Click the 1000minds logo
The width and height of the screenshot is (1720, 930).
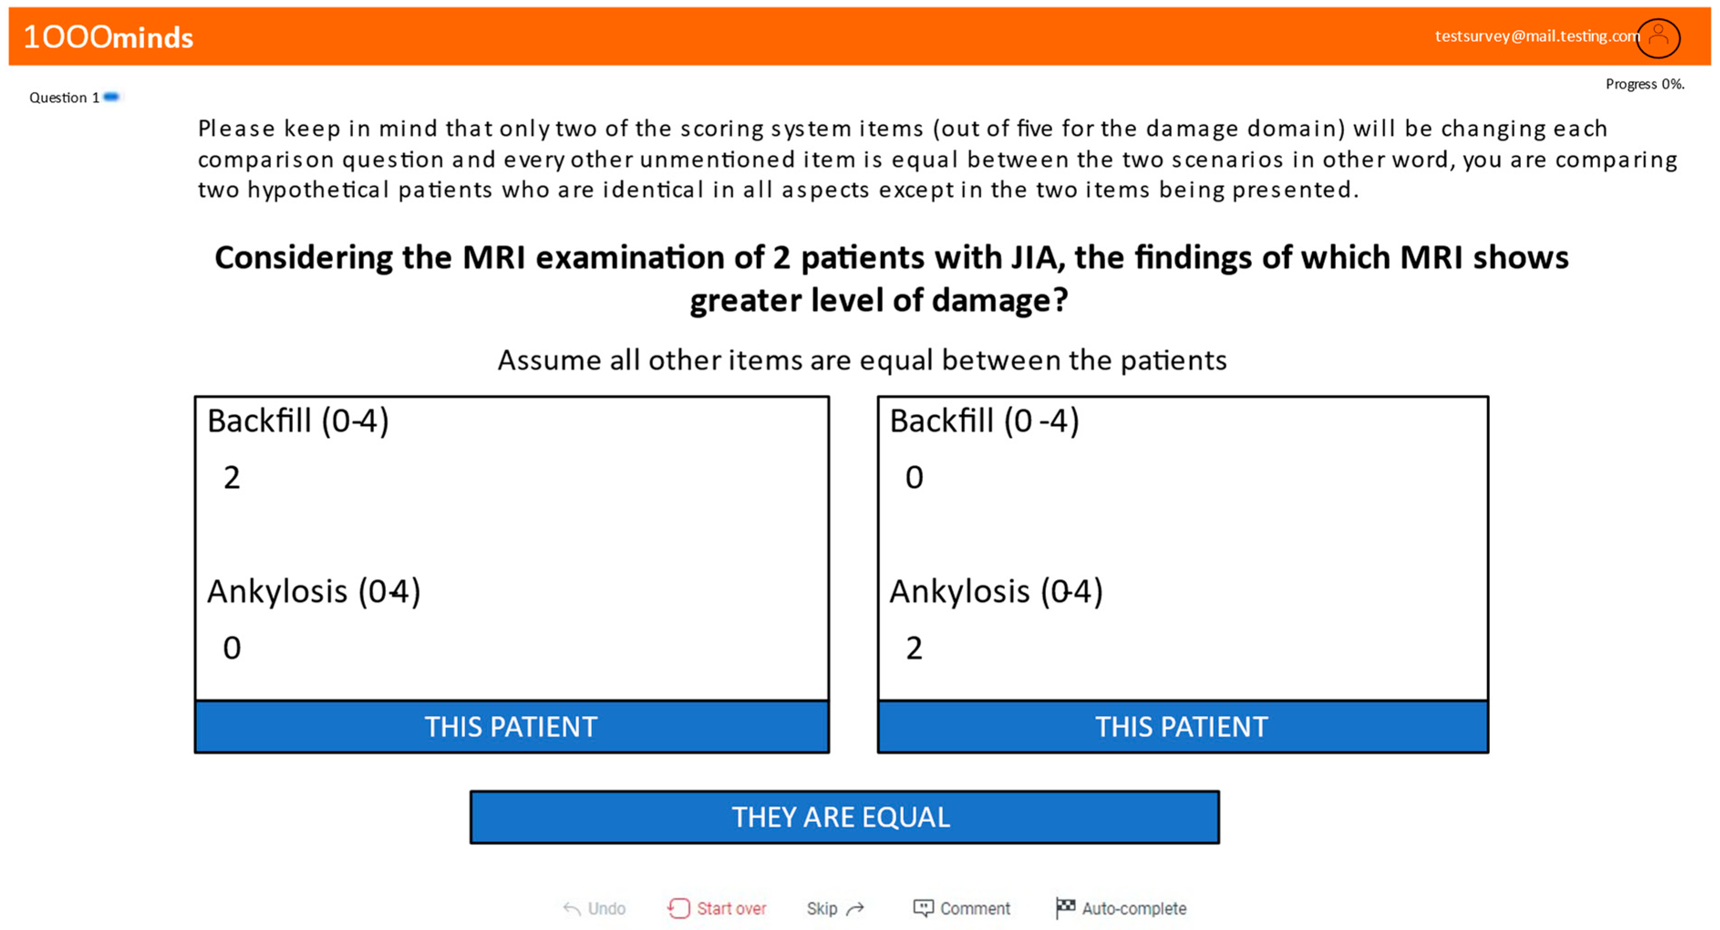(108, 37)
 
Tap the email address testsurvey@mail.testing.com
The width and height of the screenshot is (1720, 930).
(1536, 36)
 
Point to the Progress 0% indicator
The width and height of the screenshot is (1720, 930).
(1644, 84)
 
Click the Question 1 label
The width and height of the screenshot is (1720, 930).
(64, 98)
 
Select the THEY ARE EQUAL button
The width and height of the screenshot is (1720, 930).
(844, 817)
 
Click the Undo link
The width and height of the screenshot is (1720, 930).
(595, 908)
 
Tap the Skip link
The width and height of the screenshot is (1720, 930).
(834, 908)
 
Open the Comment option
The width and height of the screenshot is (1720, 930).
(962, 908)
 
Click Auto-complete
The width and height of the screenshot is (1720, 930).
(1122, 908)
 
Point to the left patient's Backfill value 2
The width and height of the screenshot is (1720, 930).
(232, 478)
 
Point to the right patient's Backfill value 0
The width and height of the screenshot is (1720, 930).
(914, 478)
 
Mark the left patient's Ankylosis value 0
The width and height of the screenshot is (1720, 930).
(232, 647)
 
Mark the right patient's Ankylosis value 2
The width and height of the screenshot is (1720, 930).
(914, 647)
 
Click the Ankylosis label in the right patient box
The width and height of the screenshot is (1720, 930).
(959, 591)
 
